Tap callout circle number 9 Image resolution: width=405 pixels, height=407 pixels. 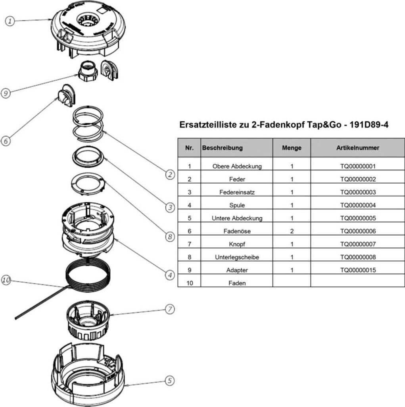click(6, 93)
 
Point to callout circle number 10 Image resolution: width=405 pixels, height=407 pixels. click(6, 280)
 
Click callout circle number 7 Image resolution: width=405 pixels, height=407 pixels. click(169, 308)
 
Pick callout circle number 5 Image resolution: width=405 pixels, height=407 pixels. click(169, 380)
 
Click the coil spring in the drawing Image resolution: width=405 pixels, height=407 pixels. click(88, 125)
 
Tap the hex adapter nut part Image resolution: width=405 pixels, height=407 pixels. click(87, 70)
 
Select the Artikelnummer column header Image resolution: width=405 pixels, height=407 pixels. click(357, 148)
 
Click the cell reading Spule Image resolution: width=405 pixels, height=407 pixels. click(237, 205)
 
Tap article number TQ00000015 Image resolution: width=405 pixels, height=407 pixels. click(358, 270)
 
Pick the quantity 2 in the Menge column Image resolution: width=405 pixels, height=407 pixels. click(292, 231)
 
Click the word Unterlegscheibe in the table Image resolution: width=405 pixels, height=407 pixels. click(237, 257)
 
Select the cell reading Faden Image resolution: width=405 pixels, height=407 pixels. click(237, 283)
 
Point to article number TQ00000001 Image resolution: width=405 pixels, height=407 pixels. click(358, 167)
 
